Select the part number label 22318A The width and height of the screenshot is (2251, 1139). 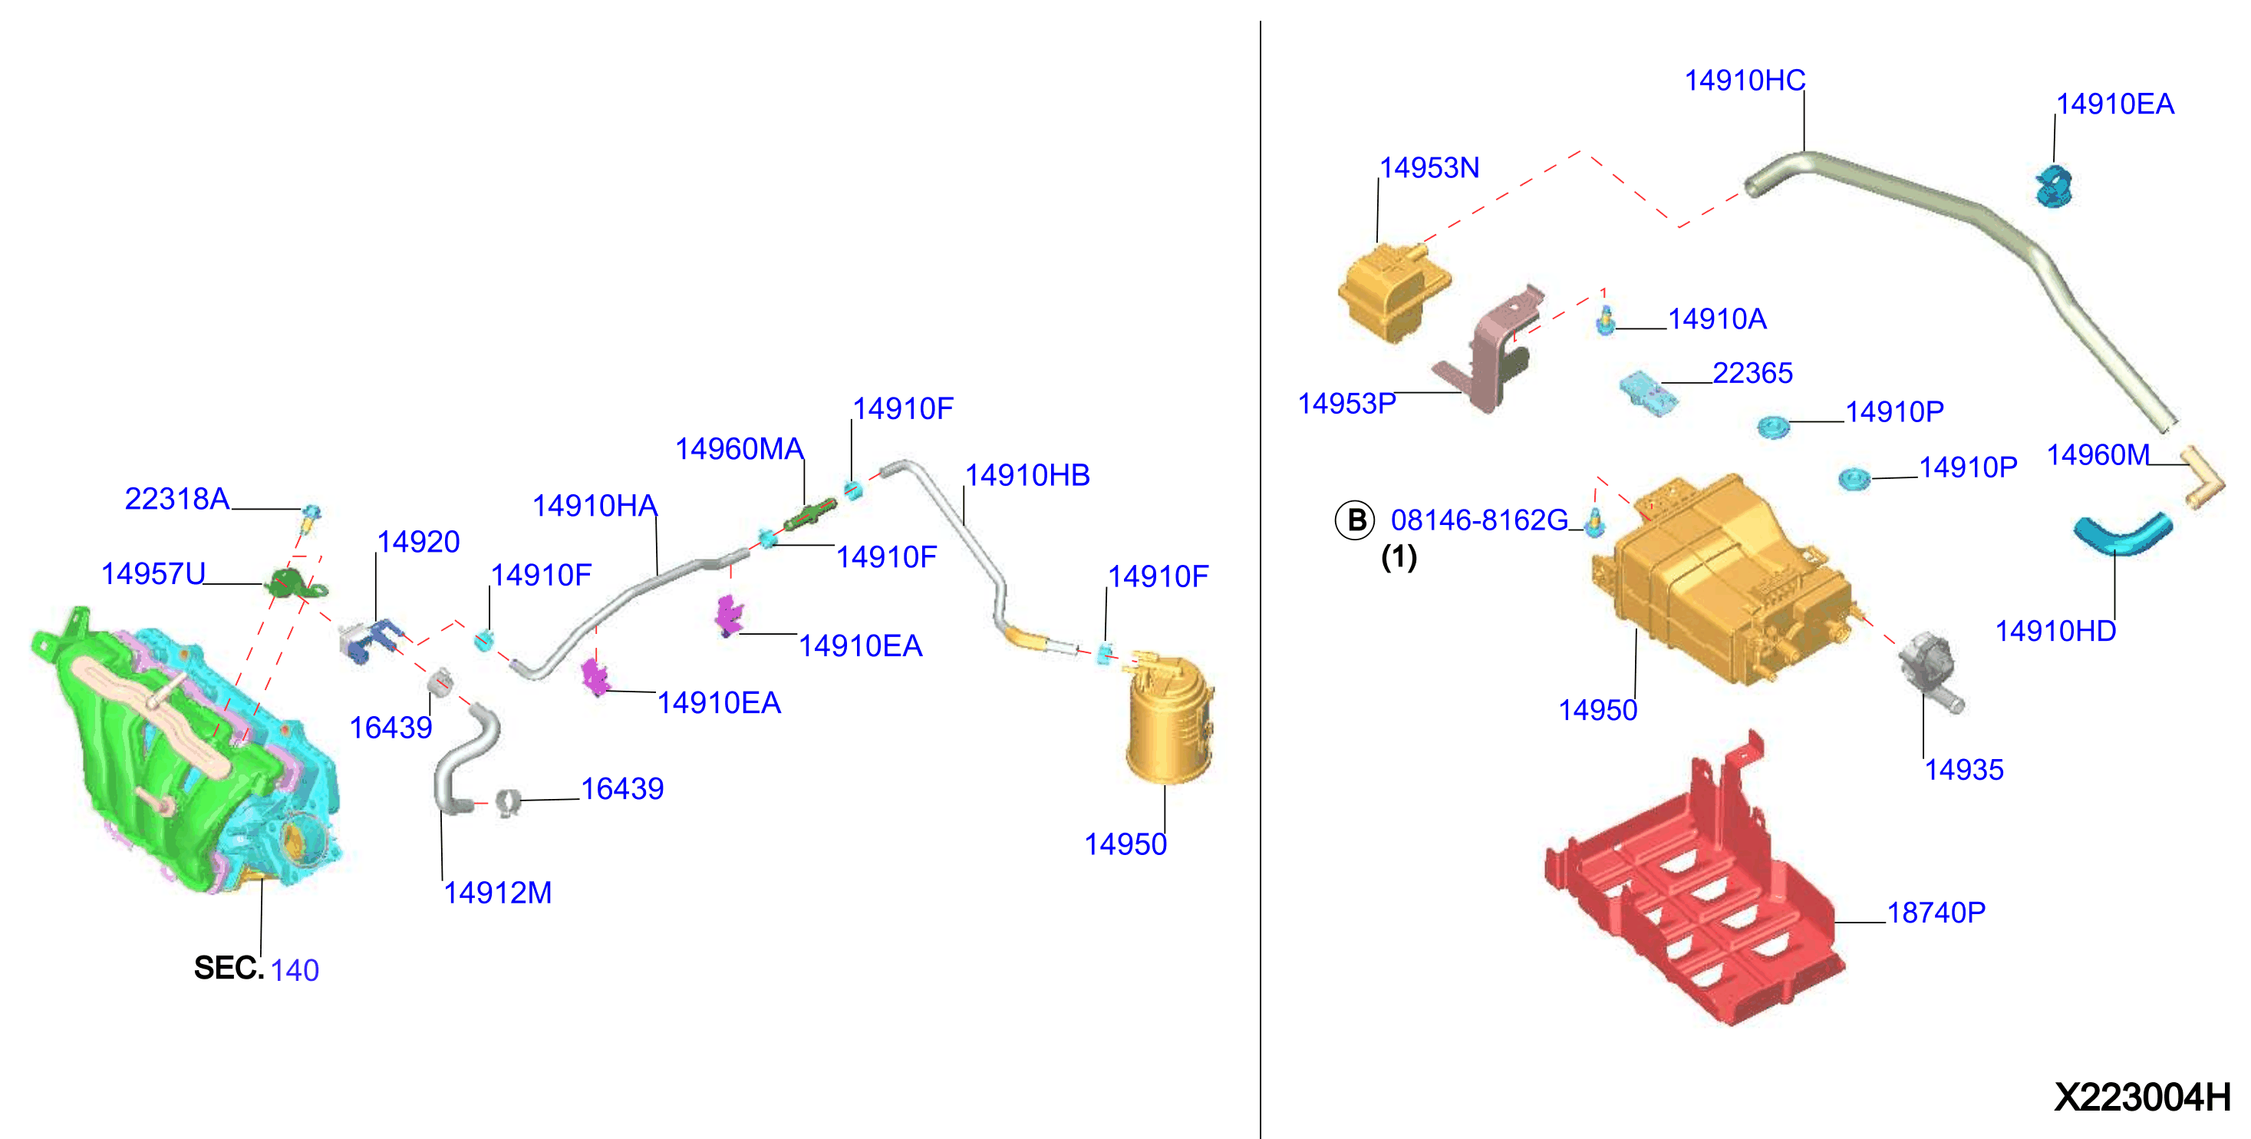coord(176,498)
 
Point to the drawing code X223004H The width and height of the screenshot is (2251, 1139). coord(2142,1097)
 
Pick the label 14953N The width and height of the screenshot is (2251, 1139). coord(1429,167)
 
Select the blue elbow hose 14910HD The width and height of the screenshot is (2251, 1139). coord(2121,533)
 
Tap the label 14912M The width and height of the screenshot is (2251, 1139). coord(497,893)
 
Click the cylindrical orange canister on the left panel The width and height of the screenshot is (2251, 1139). coord(1169,718)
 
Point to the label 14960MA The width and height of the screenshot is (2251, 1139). coord(740,448)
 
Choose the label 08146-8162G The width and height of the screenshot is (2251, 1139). coord(1479,520)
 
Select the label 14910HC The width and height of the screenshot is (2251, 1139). coord(1744,81)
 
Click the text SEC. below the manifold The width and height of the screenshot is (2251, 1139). coord(228,968)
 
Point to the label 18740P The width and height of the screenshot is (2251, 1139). coord(1936,913)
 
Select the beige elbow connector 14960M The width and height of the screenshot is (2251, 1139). coord(2201,477)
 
